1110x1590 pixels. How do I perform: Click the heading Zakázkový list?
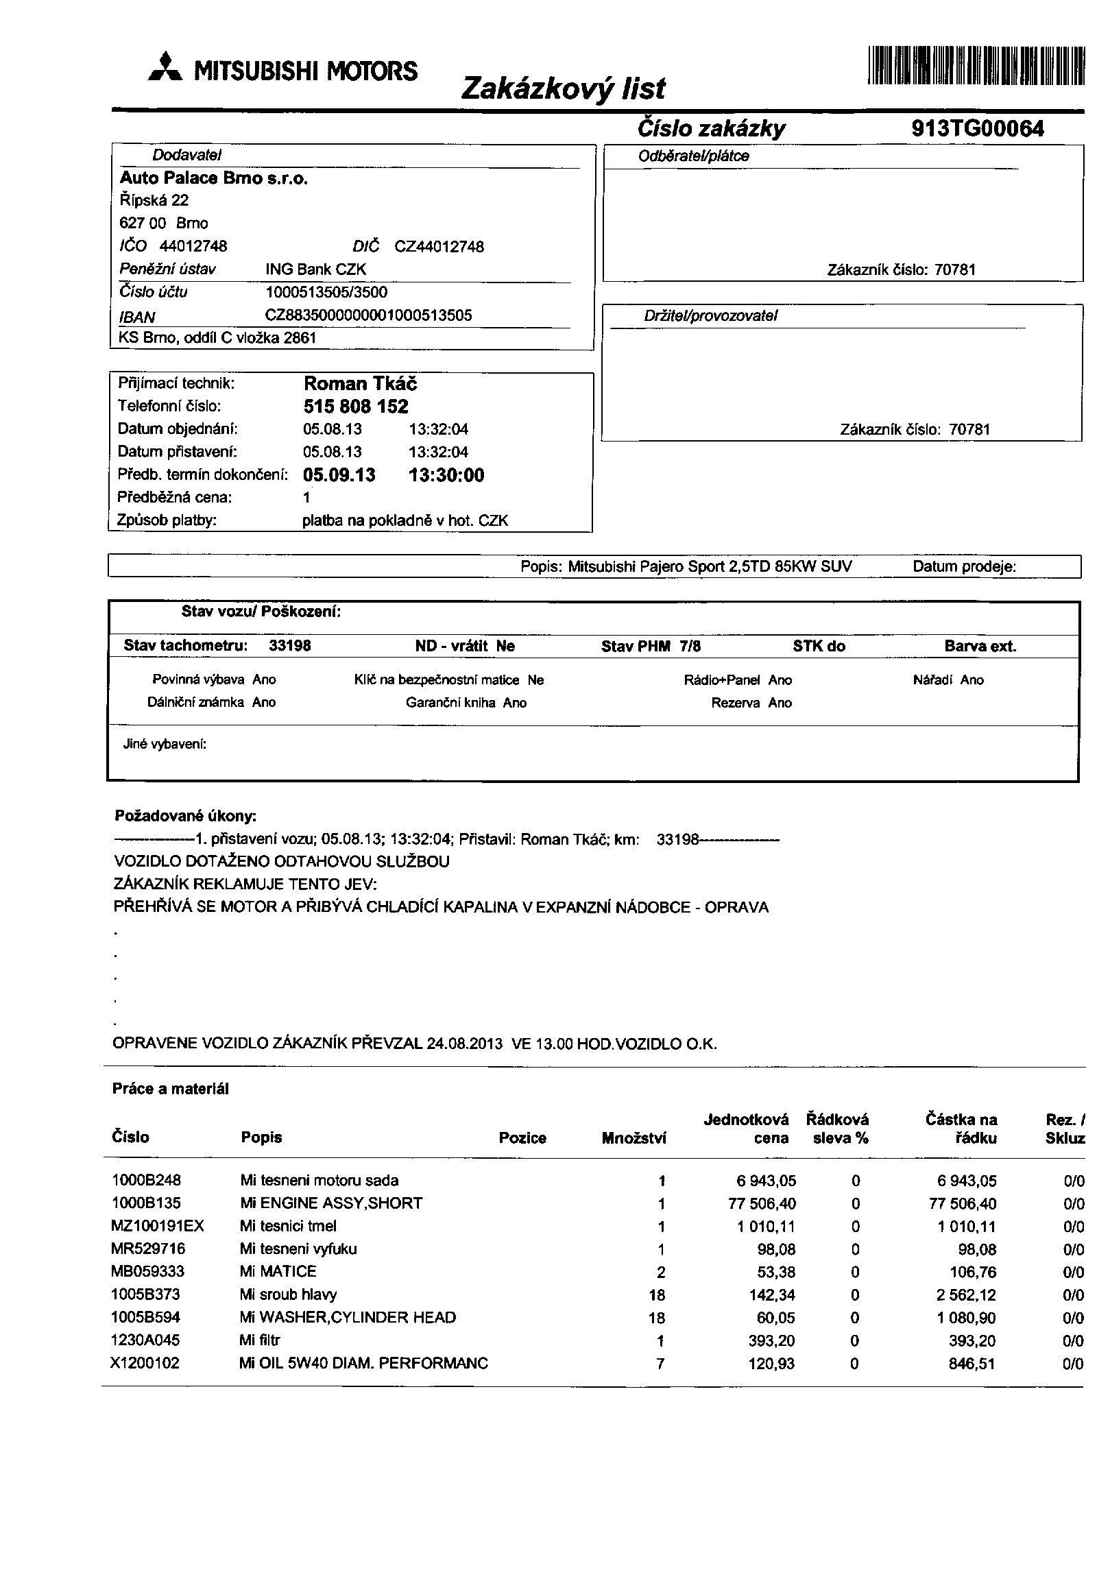562,88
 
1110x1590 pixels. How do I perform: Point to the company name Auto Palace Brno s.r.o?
214,179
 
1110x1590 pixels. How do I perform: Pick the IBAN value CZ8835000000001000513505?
368,316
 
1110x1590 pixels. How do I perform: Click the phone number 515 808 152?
356,407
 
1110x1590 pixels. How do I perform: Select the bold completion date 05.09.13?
339,475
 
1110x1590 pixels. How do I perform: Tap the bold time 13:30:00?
446,475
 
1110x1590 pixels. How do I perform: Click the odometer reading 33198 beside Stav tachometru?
289,646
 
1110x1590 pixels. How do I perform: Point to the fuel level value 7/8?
690,646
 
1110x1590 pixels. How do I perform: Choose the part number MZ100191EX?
158,1227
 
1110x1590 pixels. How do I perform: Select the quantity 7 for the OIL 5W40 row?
661,1364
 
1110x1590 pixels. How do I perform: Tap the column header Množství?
634,1137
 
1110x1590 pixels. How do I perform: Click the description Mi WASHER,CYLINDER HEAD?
348,1318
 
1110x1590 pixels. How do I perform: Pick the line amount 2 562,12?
966,1295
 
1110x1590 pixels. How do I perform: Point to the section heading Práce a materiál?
170,1089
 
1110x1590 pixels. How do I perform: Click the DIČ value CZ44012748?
439,247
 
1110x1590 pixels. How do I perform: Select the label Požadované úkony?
186,817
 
